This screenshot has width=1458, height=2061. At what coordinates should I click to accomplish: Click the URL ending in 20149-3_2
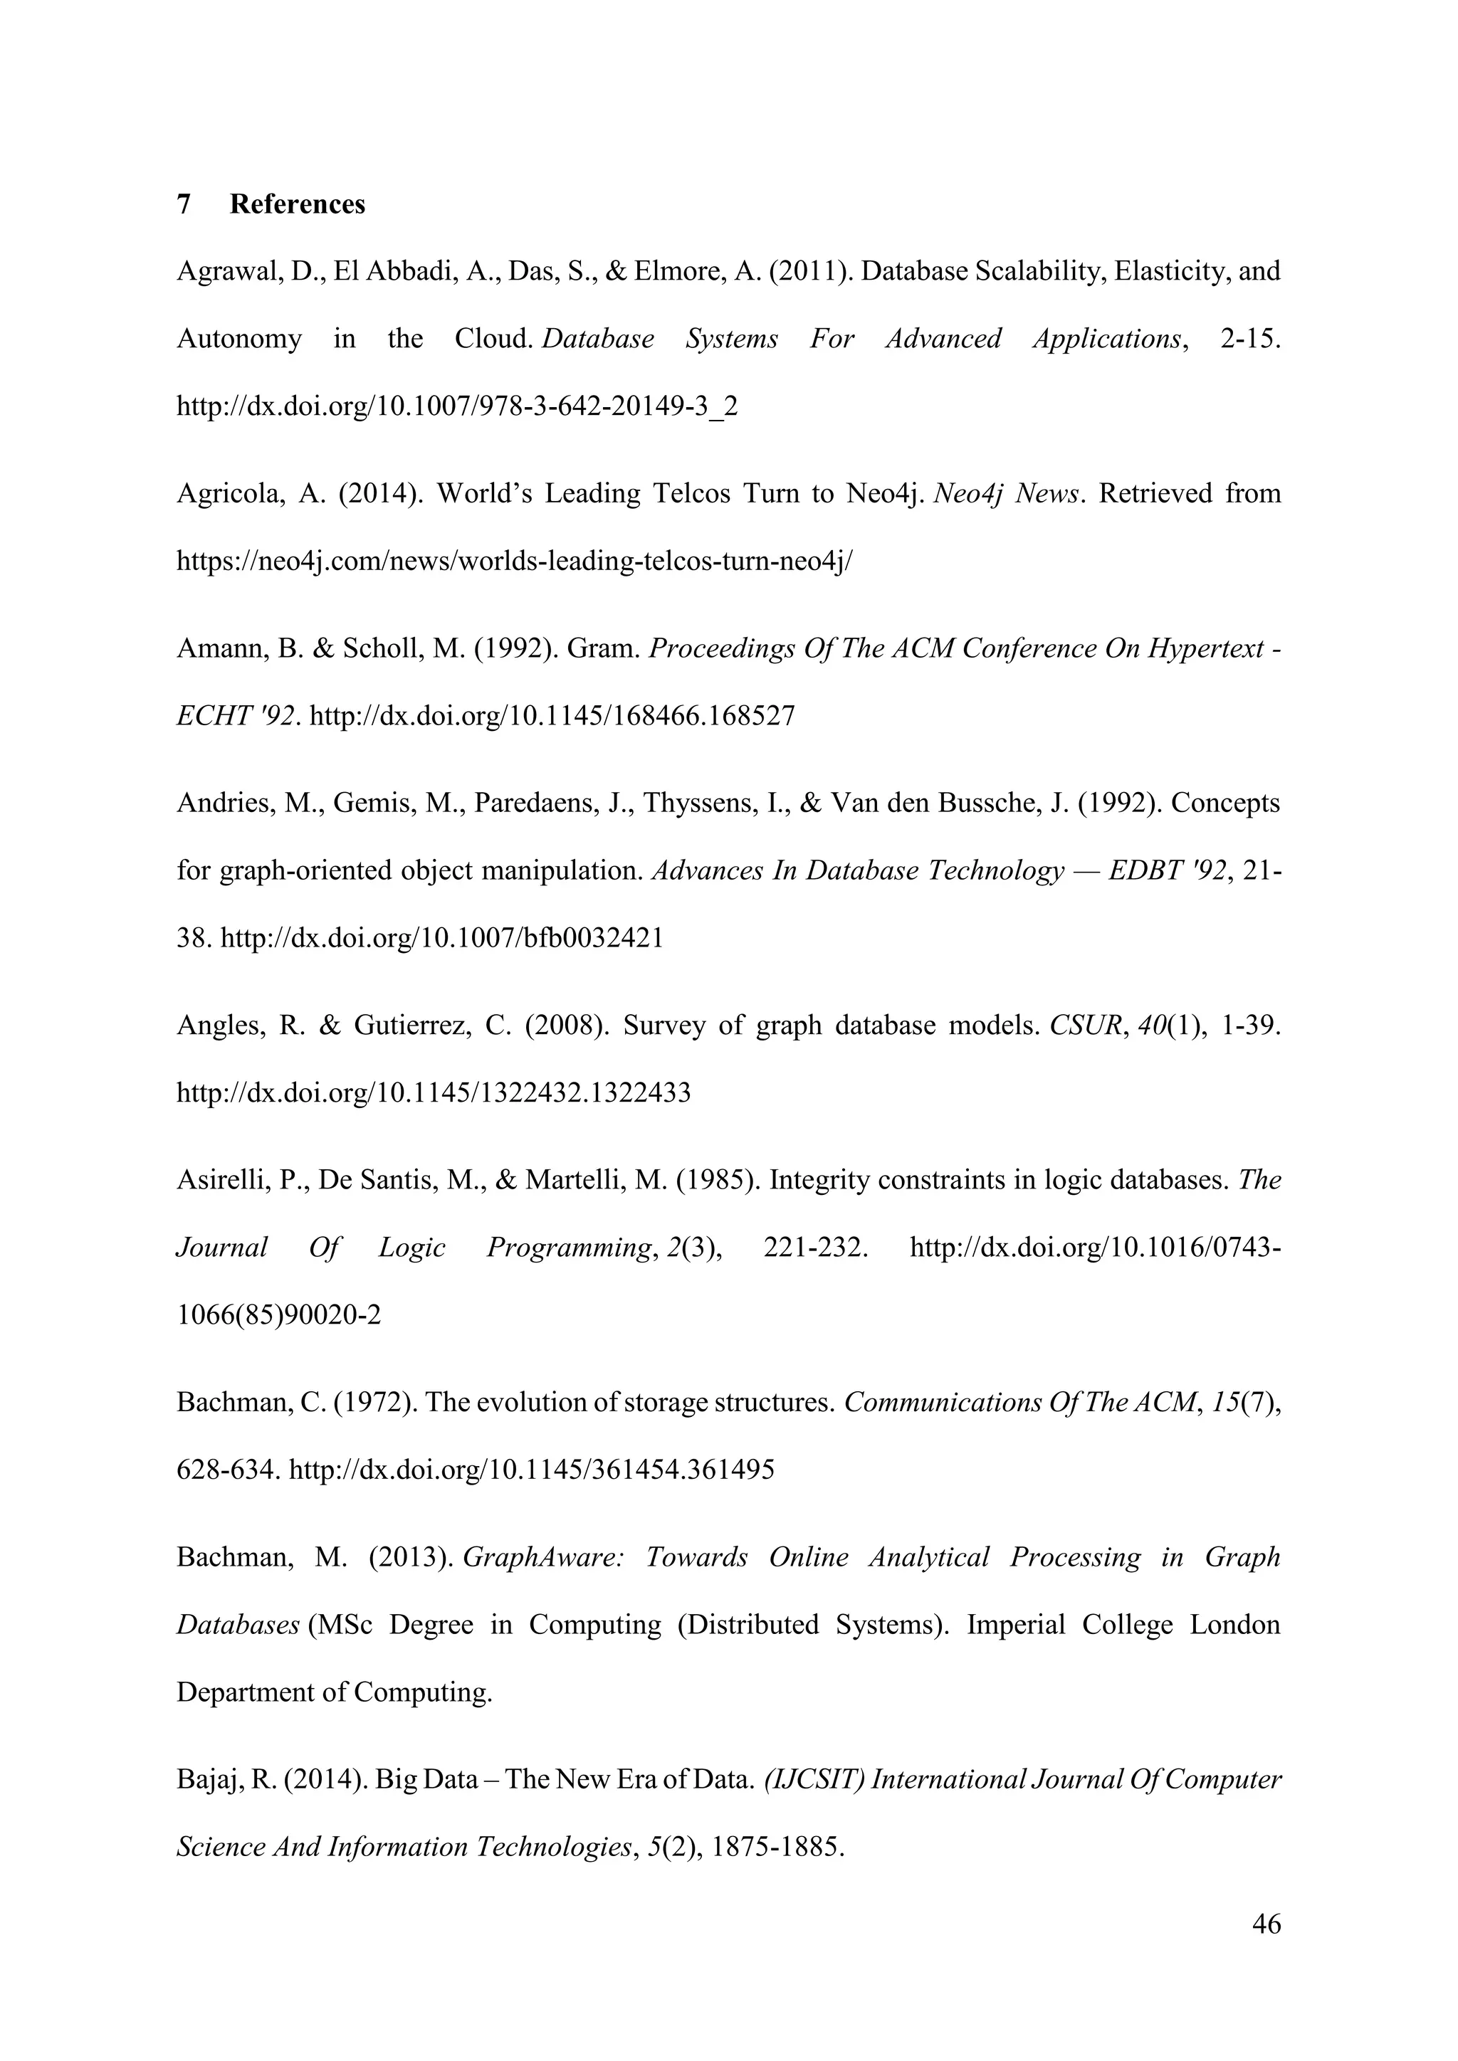pos(457,406)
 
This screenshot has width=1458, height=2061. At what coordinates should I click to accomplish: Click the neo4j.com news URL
pos(515,562)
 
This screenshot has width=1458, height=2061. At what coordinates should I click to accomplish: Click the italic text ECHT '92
pos(238,717)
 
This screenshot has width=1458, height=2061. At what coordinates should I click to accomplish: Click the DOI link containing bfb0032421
pos(441,939)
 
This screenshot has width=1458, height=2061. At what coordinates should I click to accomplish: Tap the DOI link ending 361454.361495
pos(533,1470)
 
